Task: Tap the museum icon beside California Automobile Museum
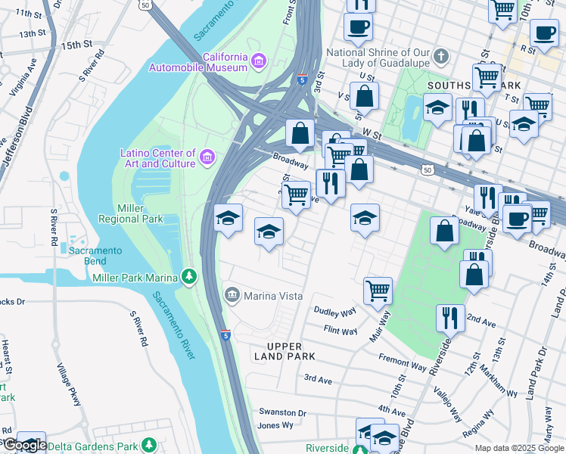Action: click(x=259, y=60)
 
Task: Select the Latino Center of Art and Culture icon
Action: click(x=207, y=157)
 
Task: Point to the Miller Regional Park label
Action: click(x=131, y=213)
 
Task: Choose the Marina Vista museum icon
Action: click(x=232, y=294)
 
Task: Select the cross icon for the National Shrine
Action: click(x=443, y=57)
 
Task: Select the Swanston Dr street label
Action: click(x=281, y=413)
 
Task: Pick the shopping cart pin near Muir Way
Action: click(x=377, y=290)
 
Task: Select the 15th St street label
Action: click(x=76, y=45)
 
